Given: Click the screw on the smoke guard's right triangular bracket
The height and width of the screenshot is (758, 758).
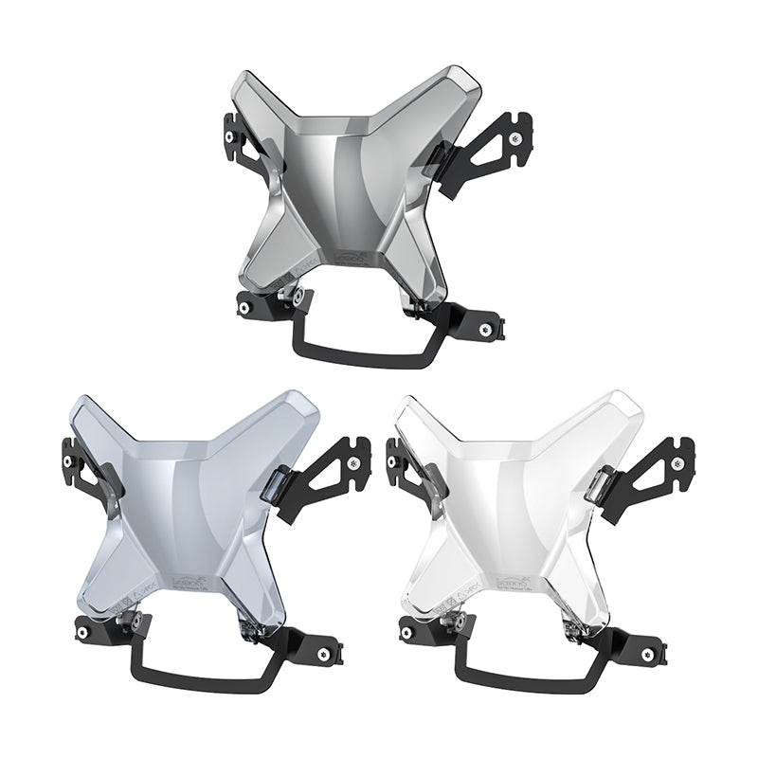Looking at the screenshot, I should pyautogui.click(x=514, y=139).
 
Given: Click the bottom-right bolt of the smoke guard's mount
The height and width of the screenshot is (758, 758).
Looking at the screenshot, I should pyautogui.click(x=486, y=330).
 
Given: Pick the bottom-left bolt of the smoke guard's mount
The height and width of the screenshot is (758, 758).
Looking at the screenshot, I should pyautogui.click(x=244, y=308).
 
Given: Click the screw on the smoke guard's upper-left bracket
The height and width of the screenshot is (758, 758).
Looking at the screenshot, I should pyautogui.click(x=229, y=137).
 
